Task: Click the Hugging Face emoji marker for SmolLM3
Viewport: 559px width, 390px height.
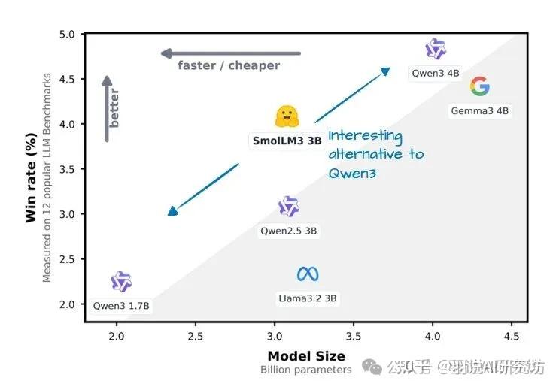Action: pyautogui.click(x=287, y=116)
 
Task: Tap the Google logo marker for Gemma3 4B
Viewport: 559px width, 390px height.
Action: pyautogui.click(x=479, y=87)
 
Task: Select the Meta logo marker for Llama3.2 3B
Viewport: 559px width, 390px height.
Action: pyautogui.click(x=308, y=274)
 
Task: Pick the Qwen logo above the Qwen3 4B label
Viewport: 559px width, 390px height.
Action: pyautogui.click(x=436, y=50)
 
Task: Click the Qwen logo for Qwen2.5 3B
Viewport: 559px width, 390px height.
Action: pyautogui.click(x=289, y=207)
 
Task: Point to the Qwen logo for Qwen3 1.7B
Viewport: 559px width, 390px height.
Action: pyautogui.click(x=121, y=282)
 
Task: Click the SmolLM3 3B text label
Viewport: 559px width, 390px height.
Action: pyautogui.click(x=287, y=141)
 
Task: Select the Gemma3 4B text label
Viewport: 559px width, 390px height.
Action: pyautogui.click(x=480, y=111)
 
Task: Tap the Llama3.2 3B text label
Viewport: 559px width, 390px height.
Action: pyautogui.click(x=308, y=298)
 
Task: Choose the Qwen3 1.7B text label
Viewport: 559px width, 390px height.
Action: pyautogui.click(x=121, y=306)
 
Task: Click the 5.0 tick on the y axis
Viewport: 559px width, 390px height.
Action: pyautogui.click(x=67, y=35)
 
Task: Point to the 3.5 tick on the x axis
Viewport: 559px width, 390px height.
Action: pyautogui.click(x=354, y=334)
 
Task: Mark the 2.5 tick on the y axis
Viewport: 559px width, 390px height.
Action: pyautogui.click(x=67, y=259)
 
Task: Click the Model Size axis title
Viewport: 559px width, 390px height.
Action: pyautogui.click(x=306, y=356)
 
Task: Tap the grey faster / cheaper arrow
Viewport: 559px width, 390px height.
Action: pyautogui.click(x=230, y=53)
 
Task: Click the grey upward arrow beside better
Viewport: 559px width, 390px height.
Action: pyautogui.click(x=108, y=108)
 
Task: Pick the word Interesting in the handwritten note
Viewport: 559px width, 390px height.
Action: pyautogui.click(x=365, y=136)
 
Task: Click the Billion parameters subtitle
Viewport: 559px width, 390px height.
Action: pyautogui.click(x=306, y=370)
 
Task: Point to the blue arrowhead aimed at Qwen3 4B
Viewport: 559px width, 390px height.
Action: pyautogui.click(x=385, y=71)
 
